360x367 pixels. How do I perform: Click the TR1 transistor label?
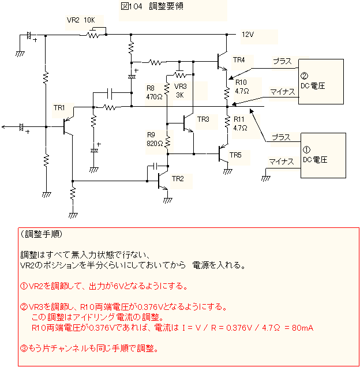59,108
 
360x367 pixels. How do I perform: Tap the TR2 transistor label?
178,179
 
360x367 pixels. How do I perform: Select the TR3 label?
203,119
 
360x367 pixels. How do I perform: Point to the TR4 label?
239,60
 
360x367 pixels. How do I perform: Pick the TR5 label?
235,155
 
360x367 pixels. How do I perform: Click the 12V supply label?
247,35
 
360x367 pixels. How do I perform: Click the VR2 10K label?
81,20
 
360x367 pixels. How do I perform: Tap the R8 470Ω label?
154,92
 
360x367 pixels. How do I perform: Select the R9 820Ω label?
155,139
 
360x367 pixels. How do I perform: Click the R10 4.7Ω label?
242,87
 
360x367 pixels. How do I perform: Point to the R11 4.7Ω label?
240,123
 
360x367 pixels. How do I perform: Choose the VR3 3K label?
180,91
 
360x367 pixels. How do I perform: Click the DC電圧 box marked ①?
323,155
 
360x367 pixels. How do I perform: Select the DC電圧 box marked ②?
321,81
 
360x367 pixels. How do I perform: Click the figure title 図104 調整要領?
152,6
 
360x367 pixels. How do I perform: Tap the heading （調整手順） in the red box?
42,234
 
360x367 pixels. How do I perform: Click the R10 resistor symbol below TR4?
227,93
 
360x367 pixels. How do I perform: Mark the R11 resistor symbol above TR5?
227,122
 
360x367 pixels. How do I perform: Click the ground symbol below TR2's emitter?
167,200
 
